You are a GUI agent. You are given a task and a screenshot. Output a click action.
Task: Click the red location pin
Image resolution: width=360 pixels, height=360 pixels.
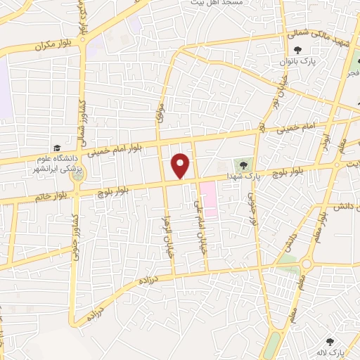click(x=181, y=165)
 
